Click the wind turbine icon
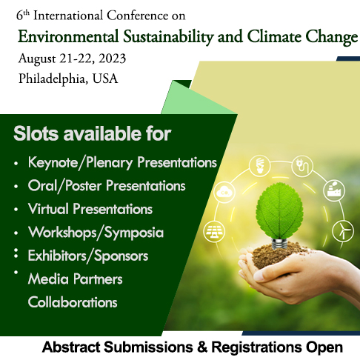coord(343,231)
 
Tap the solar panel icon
coord(214,231)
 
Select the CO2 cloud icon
coord(224,193)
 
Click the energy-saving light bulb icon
coord(259,166)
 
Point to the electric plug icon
coord(302,166)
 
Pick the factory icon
coord(334,190)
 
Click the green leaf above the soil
coord(279,210)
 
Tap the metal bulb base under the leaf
coord(279,244)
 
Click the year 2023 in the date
coord(113,59)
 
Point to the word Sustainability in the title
coord(168,37)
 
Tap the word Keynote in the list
coord(53,163)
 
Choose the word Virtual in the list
coord(48,209)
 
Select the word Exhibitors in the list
coord(57,256)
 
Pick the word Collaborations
coord(73,302)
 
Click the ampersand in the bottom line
coord(202,347)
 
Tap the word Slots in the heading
coord(36,133)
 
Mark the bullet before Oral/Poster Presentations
coord(16,187)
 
